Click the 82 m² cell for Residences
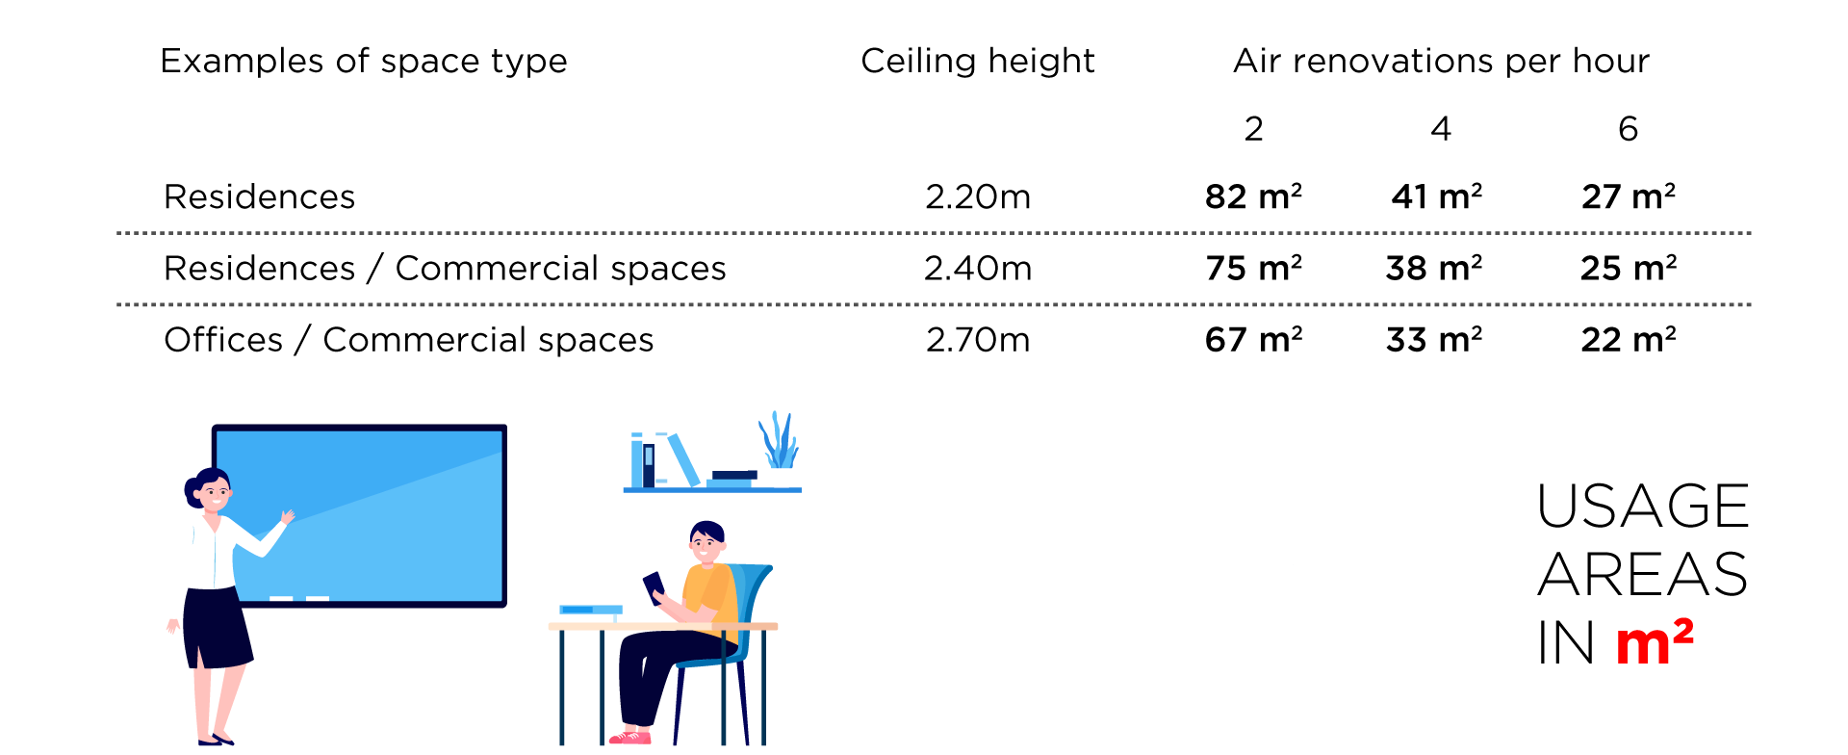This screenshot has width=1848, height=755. tap(1253, 196)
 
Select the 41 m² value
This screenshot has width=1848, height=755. tap(1437, 196)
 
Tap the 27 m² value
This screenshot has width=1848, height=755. tap(1629, 196)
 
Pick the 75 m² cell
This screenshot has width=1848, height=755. tap(1253, 268)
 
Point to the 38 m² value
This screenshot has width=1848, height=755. tap(1434, 268)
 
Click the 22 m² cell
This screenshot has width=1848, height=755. tap(1629, 339)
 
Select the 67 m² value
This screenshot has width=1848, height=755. tap(1253, 339)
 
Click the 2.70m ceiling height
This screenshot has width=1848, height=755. tap(978, 339)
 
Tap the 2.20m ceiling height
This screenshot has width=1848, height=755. tap(978, 196)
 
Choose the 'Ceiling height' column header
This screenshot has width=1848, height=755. tap(978, 61)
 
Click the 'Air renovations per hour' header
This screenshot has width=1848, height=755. tap(1442, 61)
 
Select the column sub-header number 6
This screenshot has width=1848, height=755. tap(1629, 128)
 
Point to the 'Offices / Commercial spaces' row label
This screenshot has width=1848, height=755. tap(409, 339)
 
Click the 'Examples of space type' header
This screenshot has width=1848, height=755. tap(364, 61)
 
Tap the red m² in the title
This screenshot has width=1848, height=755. tap(1655, 642)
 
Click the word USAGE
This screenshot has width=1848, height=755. tap(1643, 506)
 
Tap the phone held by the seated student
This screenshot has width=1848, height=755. tap(654, 586)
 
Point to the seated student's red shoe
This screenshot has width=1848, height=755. tap(630, 738)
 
